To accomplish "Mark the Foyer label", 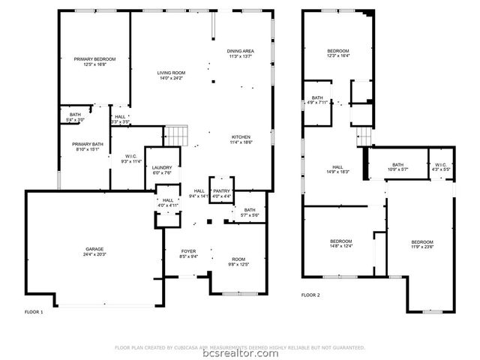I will (189, 253).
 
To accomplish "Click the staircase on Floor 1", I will (175, 136).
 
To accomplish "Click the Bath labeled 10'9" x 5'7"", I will (397, 167).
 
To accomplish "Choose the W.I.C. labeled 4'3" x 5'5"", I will (440, 167).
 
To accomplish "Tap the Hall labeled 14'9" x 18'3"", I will (337, 169).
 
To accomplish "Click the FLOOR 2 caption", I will (310, 295).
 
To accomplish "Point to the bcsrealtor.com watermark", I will (240, 352).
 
